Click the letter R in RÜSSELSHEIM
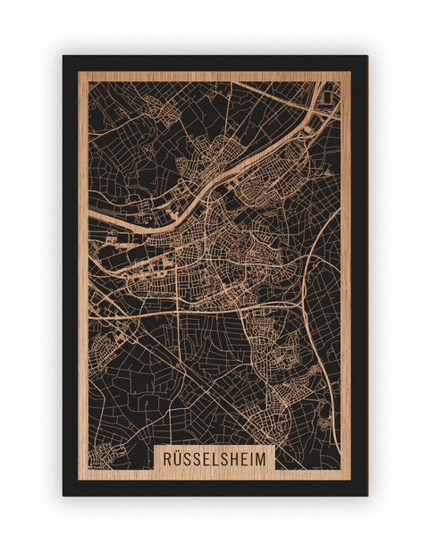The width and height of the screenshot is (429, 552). (x=166, y=458)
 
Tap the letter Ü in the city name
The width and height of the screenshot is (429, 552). (x=178, y=458)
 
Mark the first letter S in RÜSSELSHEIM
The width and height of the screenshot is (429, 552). (x=189, y=458)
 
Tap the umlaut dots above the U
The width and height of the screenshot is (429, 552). (x=178, y=452)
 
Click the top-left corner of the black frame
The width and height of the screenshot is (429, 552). (x=63, y=56)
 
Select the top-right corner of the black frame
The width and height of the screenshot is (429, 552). (x=366, y=56)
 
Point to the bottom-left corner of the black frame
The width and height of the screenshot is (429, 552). (x=63, y=495)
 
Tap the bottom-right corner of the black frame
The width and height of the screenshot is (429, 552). (x=366, y=495)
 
